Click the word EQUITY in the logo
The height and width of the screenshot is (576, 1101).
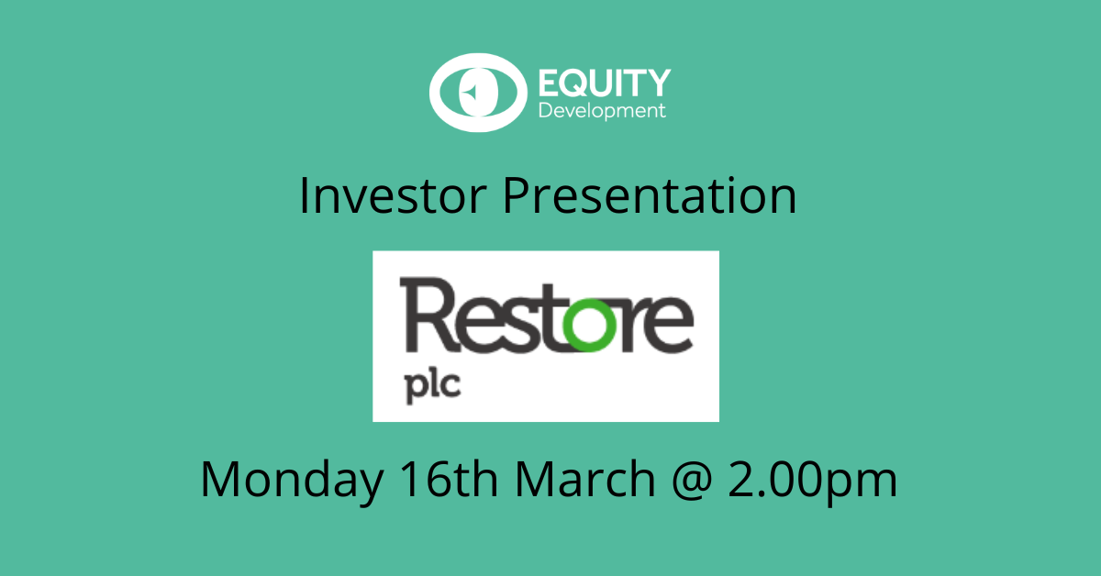(x=604, y=83)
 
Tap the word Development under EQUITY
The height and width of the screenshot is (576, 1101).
(x=602, y=111)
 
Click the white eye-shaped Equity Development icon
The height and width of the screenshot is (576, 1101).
(x=475, y=93)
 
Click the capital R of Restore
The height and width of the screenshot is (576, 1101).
(x=427, y=316)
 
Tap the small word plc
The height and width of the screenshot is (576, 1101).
(x=430, y=382)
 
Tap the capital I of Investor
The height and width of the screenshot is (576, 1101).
(x=305, y=197)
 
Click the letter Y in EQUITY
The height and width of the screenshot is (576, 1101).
(x=660, y=83)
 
